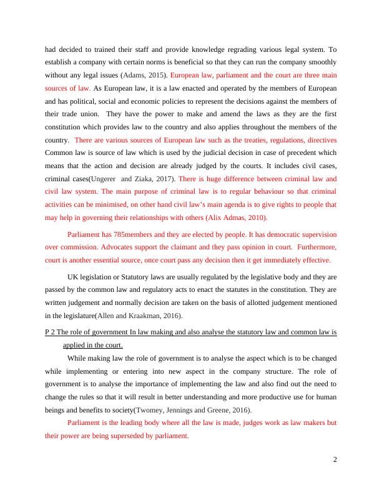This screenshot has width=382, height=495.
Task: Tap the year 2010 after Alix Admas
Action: click(x=253, y=217)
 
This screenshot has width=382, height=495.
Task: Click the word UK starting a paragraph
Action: click(x=73, y=276)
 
